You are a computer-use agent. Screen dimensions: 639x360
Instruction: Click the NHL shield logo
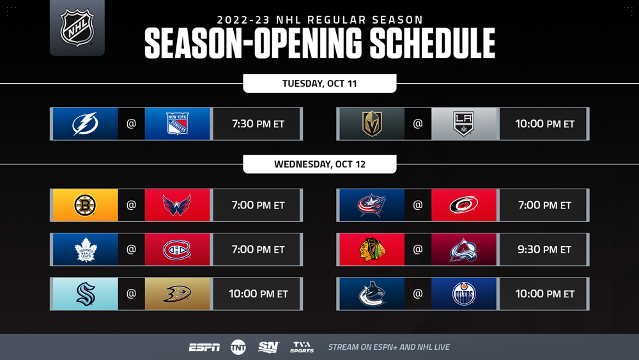pos(77,27)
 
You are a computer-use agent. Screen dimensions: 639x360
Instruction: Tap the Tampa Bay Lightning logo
pos(85,123)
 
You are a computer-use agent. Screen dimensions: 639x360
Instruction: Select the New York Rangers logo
pos(177,123)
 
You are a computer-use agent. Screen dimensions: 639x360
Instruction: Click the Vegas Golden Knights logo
pos(372,123)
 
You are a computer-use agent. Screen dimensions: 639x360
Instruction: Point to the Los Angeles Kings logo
pos(464,123)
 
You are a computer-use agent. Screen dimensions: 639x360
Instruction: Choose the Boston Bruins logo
pos(85,205)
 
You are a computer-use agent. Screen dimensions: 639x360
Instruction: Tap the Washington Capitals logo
pos(177,205)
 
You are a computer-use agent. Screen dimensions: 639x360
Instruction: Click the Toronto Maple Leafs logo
pos(86,249)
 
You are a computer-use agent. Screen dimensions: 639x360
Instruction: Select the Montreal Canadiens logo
pos(177,249)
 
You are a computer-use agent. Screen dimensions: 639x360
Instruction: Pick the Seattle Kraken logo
pos(86,294)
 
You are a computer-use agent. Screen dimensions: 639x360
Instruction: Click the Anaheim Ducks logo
pos(177,293)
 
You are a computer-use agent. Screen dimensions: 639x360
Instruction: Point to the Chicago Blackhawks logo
pos(372,249)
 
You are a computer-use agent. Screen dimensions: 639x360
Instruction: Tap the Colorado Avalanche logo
pos(464,249)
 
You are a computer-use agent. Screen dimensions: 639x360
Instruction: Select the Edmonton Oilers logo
pos(464,294)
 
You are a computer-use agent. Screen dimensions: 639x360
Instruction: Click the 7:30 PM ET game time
pos(258,124)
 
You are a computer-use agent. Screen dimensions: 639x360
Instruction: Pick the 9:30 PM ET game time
pos(544,249)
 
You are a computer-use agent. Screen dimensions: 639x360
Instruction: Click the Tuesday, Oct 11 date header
pos(319,84)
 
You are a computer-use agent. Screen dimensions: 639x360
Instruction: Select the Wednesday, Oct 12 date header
pos(319,164)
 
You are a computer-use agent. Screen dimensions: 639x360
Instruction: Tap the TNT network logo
pos(238,347)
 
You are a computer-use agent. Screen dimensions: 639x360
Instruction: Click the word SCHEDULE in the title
pos(433,43)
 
